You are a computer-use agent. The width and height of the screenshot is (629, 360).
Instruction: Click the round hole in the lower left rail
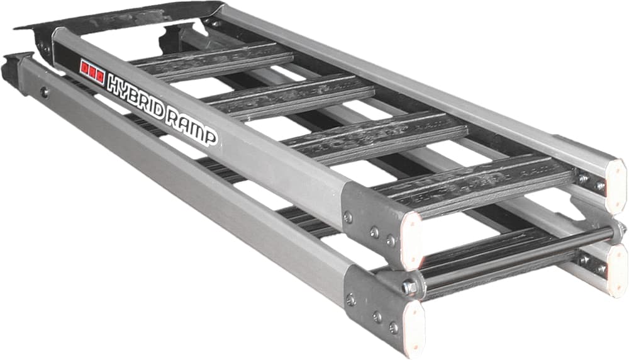[44, 92]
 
